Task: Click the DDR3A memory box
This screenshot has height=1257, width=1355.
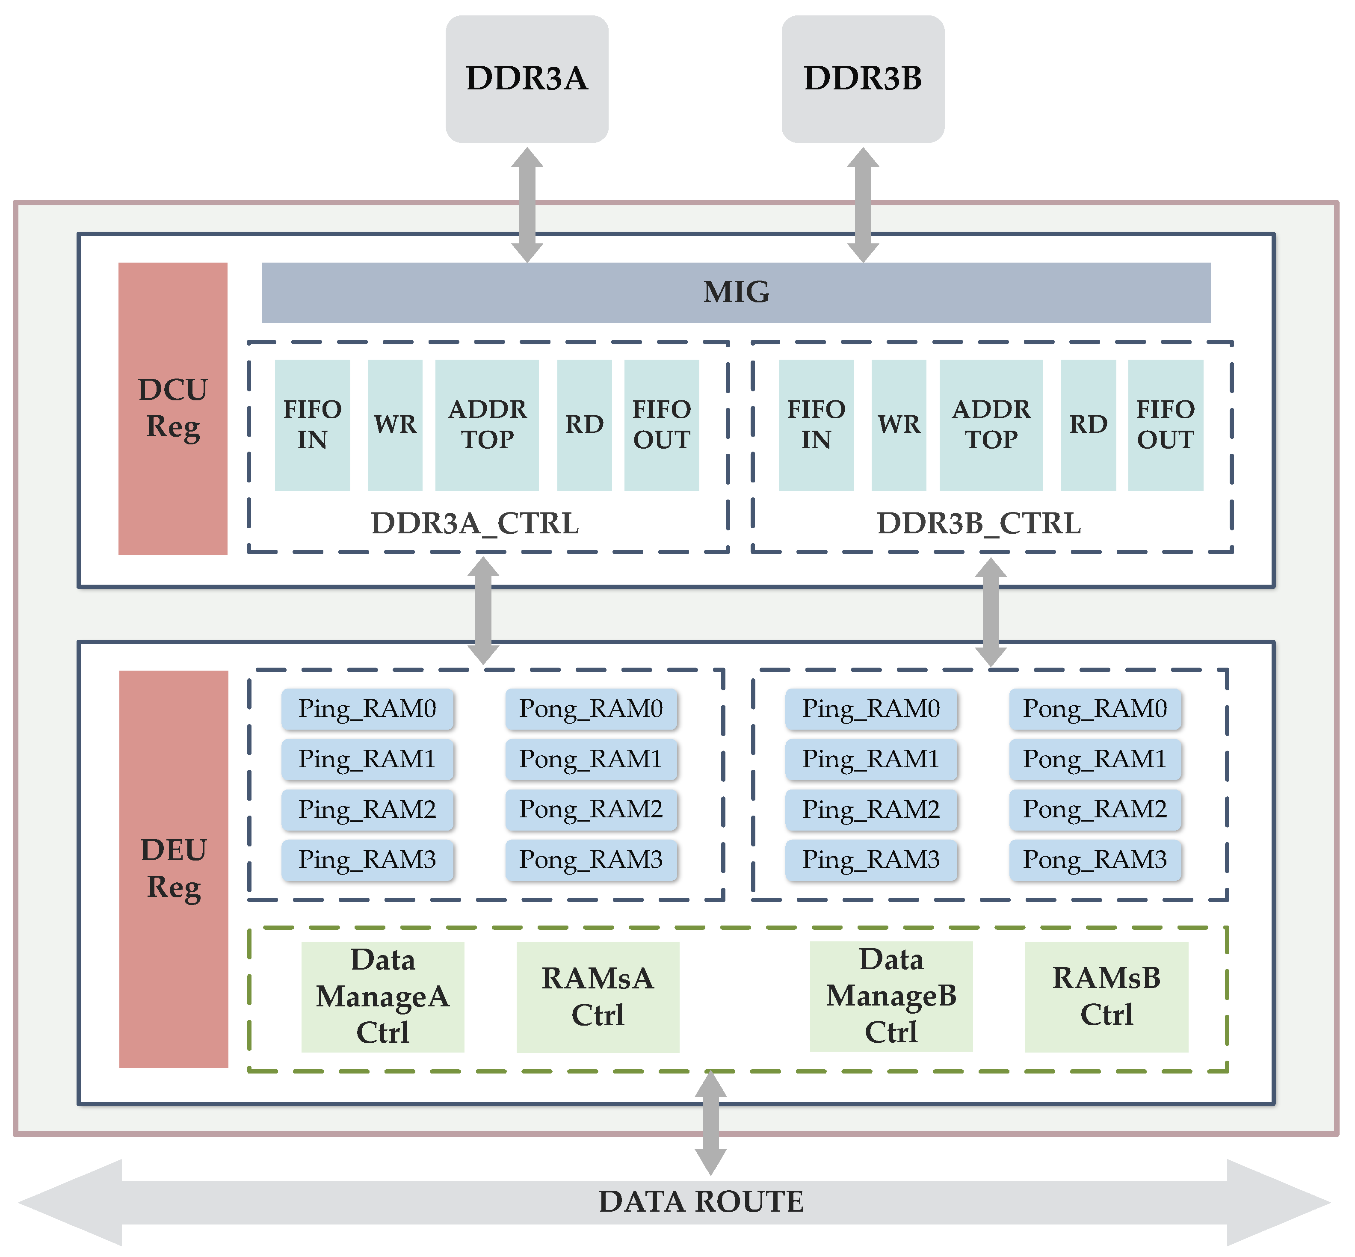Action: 527,78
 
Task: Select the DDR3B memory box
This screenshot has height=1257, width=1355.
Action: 863,78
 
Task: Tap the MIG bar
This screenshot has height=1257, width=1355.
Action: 736,293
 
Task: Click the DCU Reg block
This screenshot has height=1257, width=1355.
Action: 173,408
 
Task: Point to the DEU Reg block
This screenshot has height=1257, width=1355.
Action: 174,869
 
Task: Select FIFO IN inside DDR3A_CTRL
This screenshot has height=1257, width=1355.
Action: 312,424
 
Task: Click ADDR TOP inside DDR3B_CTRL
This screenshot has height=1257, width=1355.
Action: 991,424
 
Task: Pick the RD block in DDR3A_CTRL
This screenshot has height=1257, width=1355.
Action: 584,424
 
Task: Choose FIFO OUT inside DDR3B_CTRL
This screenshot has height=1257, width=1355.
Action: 1165,424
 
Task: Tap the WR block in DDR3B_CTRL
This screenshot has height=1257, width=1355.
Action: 899,424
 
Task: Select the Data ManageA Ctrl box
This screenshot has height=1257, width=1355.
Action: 382,997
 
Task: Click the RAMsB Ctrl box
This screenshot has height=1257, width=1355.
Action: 1106,997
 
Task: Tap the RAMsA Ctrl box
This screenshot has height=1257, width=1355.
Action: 597,997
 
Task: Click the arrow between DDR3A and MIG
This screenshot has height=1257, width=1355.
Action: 527,204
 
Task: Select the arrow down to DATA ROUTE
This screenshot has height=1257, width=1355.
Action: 710,1122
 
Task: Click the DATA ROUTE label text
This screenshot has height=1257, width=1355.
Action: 701,1202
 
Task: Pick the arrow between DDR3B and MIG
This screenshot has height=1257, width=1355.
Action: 863,204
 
